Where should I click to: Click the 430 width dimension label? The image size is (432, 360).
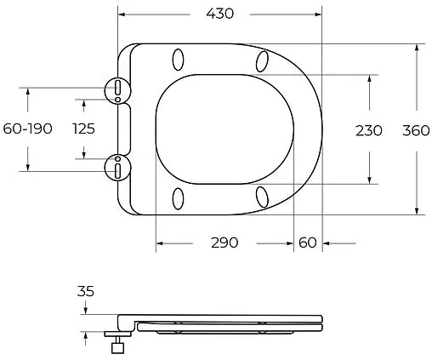click(x=220, y=14)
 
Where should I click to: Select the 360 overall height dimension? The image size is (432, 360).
click(x=416, y=130)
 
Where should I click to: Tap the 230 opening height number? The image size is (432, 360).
click(x=369, y=130)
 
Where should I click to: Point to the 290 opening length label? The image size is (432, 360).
click(x=225, y=243)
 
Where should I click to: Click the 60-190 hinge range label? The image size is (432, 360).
click(x=27, y=129)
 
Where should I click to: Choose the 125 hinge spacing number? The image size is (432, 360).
click(x=83, y=129)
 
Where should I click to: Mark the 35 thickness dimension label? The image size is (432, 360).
click(x=85, y=291)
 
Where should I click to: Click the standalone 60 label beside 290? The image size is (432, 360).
click(x=308, y=243)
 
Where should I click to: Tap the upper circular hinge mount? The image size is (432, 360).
click(x=117, y=90)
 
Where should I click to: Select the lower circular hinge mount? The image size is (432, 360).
click(x=117, y=168)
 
